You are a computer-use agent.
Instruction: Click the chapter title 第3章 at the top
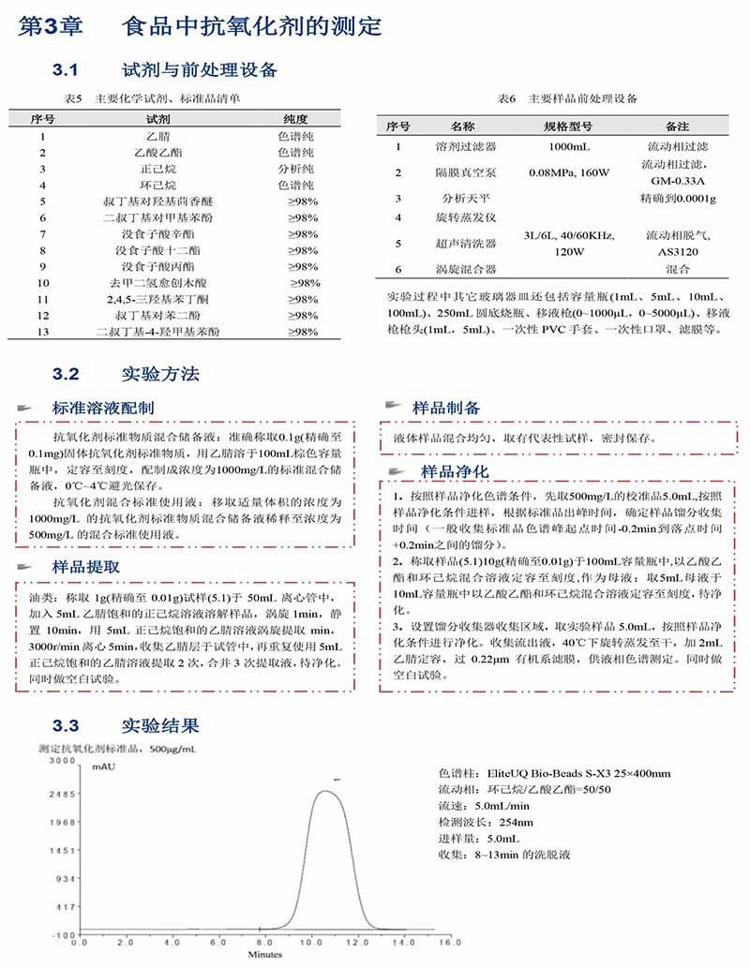[52, 26]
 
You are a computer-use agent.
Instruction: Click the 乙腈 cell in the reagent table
[145, 136]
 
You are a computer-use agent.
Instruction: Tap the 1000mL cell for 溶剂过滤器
[568, 147]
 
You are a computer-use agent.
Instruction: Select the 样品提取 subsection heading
[85, 567]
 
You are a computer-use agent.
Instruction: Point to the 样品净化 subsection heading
[455, 470]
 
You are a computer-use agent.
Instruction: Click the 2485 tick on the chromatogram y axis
[62, 794]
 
